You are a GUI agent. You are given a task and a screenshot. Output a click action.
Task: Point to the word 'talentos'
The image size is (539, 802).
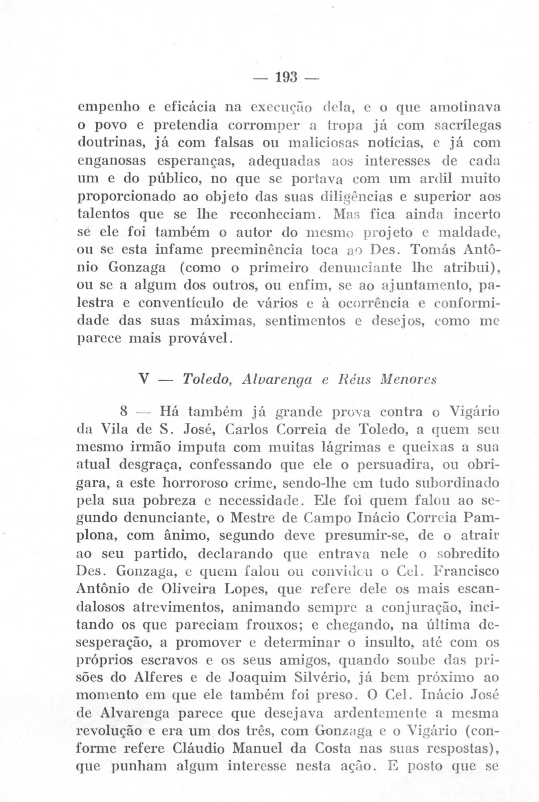(103, 215)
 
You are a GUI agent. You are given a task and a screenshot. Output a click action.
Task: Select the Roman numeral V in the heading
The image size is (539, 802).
(141, 379)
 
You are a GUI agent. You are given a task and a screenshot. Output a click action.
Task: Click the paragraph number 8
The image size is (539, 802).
(124, 412)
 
